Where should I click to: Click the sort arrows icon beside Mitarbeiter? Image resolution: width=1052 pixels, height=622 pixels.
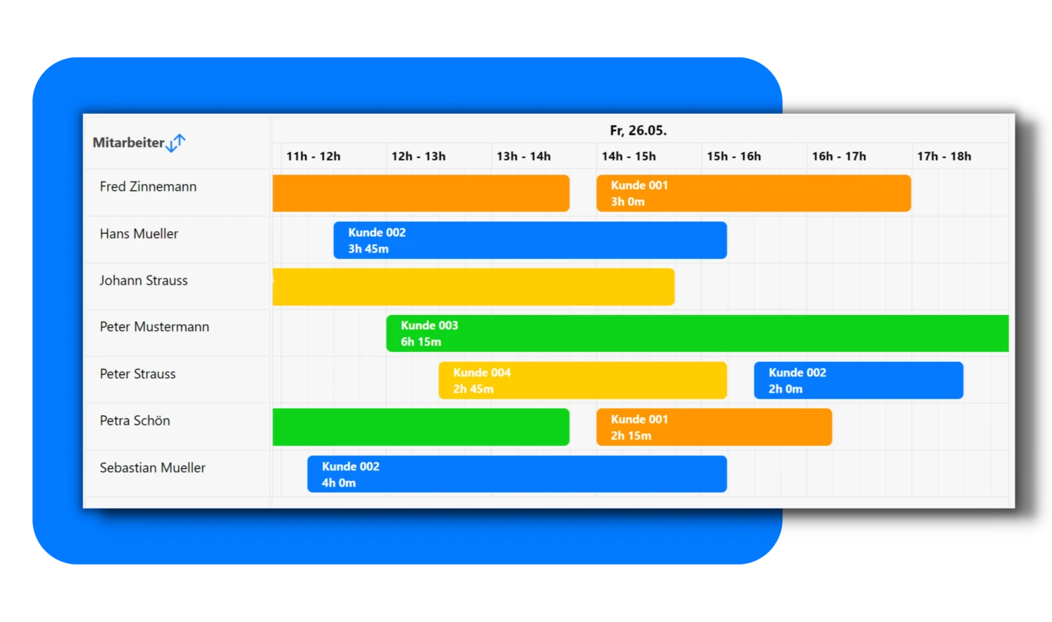(176, 143)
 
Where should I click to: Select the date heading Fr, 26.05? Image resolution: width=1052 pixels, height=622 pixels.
(638, 130)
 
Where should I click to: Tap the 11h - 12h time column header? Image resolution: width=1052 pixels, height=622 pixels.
(313, 156)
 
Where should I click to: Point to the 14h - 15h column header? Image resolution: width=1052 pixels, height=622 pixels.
(629, 156)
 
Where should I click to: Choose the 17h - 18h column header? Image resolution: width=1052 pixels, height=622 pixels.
(944, 156)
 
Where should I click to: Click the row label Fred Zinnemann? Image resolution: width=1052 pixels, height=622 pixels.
(148, 187)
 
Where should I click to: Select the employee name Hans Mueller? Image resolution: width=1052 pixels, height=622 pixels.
(139, 234)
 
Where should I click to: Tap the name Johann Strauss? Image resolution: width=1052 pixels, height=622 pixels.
(144, 280)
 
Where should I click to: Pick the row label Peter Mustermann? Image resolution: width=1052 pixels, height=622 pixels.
(154, 327)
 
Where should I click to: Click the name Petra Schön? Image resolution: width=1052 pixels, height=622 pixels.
(135, 421)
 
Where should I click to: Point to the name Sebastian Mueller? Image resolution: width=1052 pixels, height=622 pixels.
(153, 468)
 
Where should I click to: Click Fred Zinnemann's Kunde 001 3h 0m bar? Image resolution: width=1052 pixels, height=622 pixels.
(754, 194)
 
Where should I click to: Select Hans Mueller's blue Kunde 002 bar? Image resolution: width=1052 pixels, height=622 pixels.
(530, 241)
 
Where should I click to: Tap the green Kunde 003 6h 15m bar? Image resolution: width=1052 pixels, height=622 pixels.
(697, 333)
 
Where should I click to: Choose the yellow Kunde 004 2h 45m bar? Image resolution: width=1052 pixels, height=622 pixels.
(583, 380)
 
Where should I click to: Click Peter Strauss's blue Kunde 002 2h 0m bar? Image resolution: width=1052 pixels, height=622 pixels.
(858, 380)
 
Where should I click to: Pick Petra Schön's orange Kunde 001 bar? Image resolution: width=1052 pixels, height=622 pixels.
(715, 427)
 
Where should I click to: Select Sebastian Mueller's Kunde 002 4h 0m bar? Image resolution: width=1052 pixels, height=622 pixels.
(517, 474)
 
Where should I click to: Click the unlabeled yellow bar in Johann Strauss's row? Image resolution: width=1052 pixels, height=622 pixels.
(473, 287)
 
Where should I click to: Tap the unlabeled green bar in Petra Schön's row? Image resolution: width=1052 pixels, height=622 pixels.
(421, 427)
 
